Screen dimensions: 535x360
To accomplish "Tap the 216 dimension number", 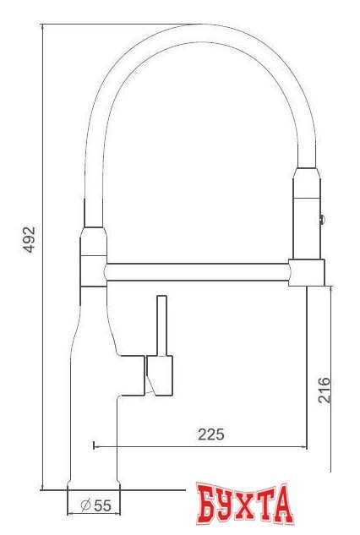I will pyautogui.click(x=324, y=389).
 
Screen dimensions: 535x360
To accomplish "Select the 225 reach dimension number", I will pyautogui.click(x=210, y=434).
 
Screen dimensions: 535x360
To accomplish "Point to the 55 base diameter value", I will pyautogui.click(x=102, y=505).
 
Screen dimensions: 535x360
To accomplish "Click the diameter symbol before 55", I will pyautogui.click(x=85, y=505).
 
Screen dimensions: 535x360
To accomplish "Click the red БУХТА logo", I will pyautogui.click(x=243, y=505).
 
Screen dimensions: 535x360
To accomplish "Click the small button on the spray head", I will pyautogui.click(x=320, y=219).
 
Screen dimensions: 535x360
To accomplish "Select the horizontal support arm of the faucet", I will pyautogui.click(x=198, y=271).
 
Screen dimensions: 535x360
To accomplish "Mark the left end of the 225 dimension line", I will pyautogui.click(x=92, y=445).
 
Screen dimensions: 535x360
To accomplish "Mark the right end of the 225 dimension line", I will pyautogui.click(x=306, y=445).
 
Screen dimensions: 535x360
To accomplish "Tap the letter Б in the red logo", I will pyautogui.click(x=205, y=505).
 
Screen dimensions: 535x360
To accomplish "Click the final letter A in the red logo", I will pyautogui.click(x=281, y=505).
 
